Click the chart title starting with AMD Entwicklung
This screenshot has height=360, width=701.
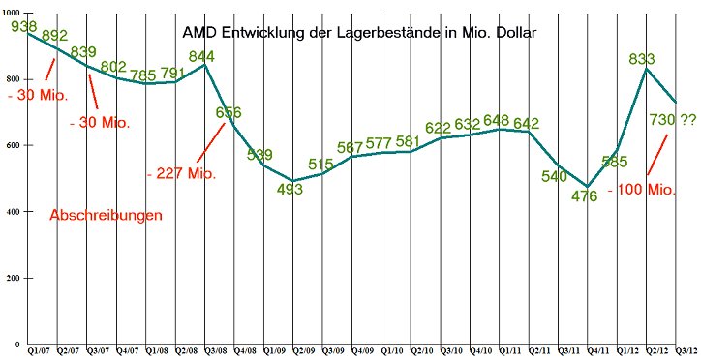[359, 32]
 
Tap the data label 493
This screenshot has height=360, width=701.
[290, 190]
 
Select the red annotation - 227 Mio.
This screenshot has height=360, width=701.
[181, 174]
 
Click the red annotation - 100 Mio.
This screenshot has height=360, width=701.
[641, 190]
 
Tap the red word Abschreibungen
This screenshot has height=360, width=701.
[107, 216]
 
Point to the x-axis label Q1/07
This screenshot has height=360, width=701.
[42, 350]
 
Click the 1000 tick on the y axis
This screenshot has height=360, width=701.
[11, 13]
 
